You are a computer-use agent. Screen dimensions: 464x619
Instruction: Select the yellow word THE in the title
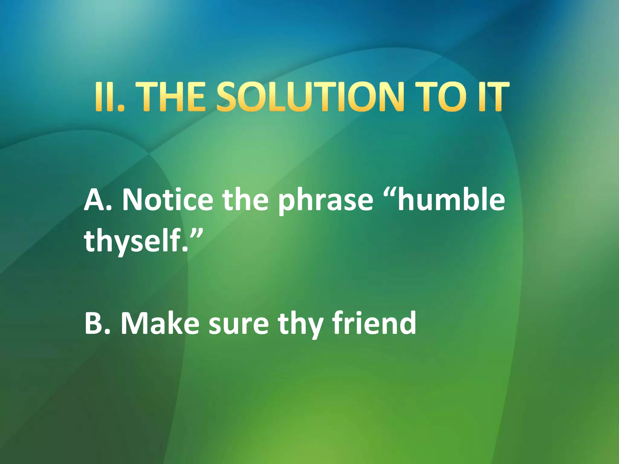click(x=168, y=97)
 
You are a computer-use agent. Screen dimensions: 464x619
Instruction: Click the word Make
click(x=160, y=324)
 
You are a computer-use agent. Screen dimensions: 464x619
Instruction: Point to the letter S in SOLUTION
click(x=230, y=97)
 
